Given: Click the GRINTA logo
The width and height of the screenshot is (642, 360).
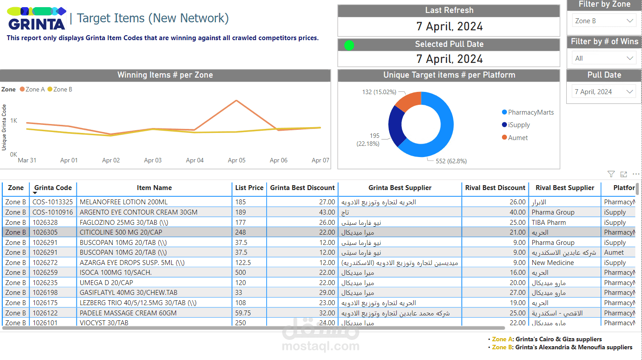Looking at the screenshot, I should [x=37, y=19].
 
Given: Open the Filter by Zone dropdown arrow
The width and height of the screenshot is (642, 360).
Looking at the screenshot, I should [x=630, y=21].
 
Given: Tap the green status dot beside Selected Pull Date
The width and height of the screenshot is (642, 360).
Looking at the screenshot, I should [x=349, y=45].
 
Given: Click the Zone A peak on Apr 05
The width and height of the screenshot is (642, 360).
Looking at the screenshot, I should [x=236, y=100].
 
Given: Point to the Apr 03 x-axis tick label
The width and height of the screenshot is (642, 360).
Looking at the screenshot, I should [x=153, y=160].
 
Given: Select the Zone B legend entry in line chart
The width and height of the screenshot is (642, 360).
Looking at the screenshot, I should [x=60, y=89].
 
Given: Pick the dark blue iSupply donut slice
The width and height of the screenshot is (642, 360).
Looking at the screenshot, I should [x=395, y=126].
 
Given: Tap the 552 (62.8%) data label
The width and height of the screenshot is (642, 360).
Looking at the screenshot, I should [x=451, y=161].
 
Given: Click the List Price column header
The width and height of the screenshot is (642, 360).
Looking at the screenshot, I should [x=249, y=188].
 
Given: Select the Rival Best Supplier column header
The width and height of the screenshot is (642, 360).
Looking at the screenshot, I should [x=564, y=188].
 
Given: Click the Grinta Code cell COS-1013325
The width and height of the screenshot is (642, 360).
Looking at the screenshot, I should [x=53, y=202].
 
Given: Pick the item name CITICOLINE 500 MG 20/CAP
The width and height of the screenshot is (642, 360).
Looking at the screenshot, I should [x=121, y=232].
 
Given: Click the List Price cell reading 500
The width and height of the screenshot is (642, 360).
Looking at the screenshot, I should [x=240, y=273].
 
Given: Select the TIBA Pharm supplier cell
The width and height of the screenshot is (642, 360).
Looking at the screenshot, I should [x=548, y=222].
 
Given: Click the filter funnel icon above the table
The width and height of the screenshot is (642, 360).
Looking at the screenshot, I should [x=611, y=174].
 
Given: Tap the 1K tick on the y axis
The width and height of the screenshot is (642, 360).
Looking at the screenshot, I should [x=13, y=120].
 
